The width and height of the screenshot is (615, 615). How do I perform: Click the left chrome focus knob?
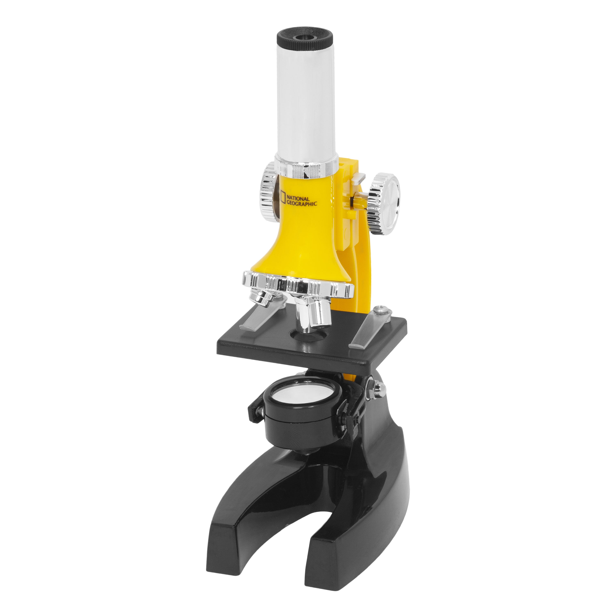pyautogui.click(x=268, y=191)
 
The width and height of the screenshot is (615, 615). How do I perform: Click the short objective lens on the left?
pyautogui.click(x=261, y=298)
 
